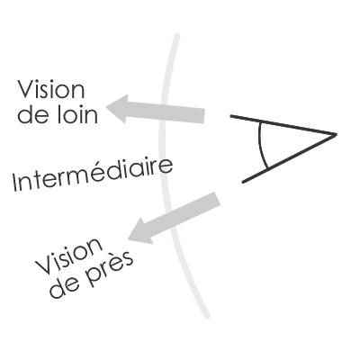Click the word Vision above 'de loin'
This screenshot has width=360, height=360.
coord(51,89)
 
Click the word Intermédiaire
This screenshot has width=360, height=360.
coord(93,174)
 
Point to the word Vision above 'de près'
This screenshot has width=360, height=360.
coord(69,256)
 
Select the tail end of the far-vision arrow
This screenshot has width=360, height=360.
coord(204,116)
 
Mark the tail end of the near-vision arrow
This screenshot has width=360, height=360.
coord(218,199)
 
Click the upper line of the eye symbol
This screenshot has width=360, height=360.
coord(283,125)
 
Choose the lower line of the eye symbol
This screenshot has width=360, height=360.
coord(289,158)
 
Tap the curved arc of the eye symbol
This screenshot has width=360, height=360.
coord(260,146)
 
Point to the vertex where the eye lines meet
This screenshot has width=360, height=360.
coord(335,135)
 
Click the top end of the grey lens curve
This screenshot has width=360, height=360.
coord(177,36)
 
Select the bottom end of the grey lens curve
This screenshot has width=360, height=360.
coord(207,316)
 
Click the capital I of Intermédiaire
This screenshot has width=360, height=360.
coord(14,183)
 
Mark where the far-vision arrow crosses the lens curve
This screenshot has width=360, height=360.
coord(164,112)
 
